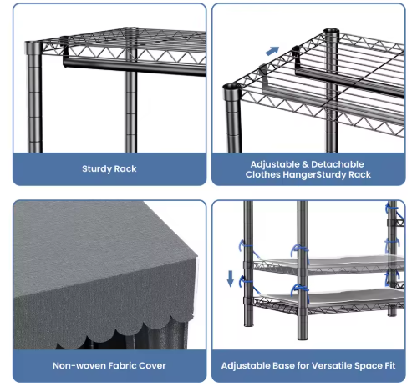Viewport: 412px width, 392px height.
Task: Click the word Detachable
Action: (338, 164)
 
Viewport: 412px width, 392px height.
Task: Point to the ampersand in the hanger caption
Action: (305, 164)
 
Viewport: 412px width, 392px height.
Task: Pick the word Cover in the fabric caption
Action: (152, 365)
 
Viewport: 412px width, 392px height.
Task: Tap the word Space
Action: (369, 366)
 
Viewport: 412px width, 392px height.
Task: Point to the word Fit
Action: (390, 365)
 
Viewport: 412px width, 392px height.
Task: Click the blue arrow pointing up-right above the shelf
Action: (272, 51)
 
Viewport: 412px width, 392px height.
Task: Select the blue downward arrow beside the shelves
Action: (231, 279)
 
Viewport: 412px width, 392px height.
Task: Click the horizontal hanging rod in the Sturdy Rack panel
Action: (134, 65)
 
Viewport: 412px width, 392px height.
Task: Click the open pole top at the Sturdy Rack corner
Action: (33, 44)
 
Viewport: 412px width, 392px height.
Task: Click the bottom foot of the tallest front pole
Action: (303, 337)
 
